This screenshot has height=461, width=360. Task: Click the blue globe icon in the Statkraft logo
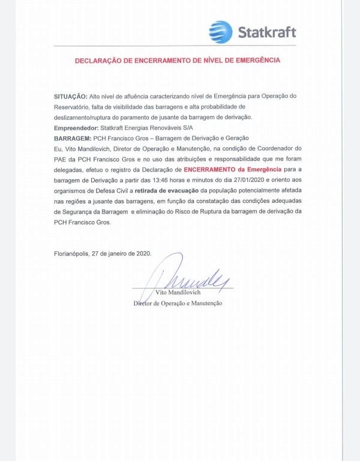coord(220,32)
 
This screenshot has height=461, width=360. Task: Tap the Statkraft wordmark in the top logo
coord(265,32)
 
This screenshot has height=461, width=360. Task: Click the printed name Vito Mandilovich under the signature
coord(178,292)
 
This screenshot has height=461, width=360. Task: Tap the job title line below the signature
coord(178,304)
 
